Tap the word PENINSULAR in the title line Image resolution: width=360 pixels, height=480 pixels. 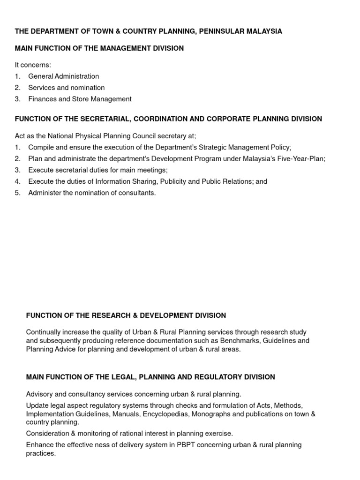pyautogui.click(x=220, y=31)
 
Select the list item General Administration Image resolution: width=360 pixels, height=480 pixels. pyautogui.click(x=63, y=76)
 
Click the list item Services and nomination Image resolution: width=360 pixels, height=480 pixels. pyautogui.click(x=66, y=88)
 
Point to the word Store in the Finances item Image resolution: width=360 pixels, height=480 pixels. pyautogui.click(x=80, y=99)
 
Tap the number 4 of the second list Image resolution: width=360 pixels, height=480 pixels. pyautogui.click(x=17, y=181)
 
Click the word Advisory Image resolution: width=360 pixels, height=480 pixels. pyautogui.click(x=40, y=394)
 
